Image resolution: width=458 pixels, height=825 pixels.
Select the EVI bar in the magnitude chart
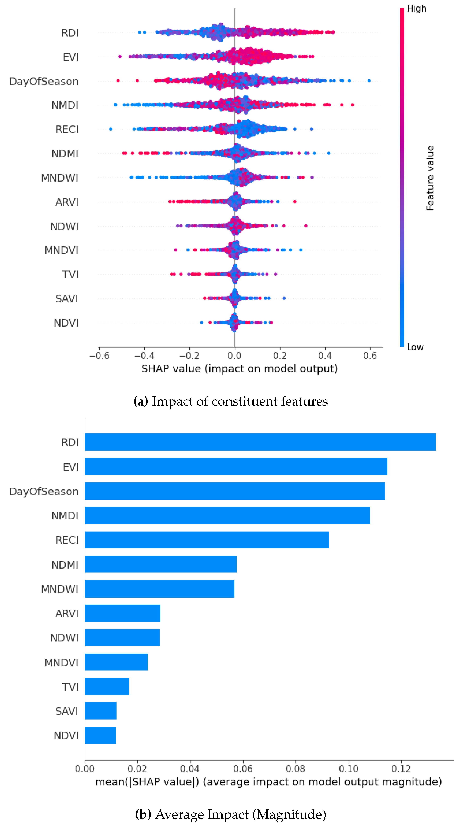coord(236,467)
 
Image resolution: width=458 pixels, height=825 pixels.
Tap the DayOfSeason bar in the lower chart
coord(235,491)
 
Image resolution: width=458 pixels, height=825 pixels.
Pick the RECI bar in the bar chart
coord(207,540)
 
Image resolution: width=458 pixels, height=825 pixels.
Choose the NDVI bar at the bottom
coord(100,735)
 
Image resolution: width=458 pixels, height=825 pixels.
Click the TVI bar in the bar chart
coord(107,687)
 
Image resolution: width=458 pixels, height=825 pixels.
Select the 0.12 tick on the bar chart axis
coord(401,769)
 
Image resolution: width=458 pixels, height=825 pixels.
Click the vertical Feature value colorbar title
coord(430,178)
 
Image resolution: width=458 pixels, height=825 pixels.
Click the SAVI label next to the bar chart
coord(67,711)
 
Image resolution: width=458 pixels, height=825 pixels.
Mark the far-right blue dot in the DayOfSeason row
coord(369,81)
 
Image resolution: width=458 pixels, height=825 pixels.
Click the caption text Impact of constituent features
coord(240,401)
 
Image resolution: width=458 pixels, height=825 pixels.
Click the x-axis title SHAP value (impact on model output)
coord(240,369)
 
